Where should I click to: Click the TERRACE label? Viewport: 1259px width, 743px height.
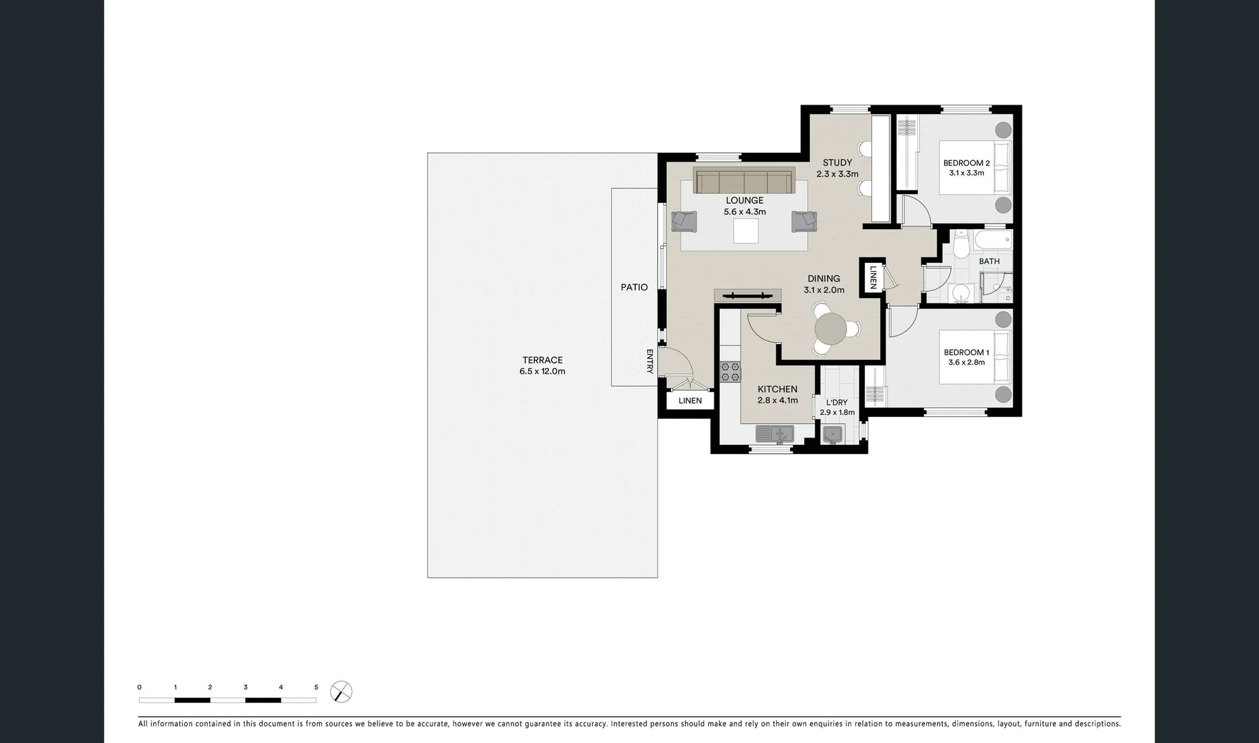tap(542, 360)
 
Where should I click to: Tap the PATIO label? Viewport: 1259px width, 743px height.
tap(634, 288)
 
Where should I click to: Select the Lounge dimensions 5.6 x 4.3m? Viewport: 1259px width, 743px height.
tap(745, 212)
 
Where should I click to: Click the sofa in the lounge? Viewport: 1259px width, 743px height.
tap(744, 182)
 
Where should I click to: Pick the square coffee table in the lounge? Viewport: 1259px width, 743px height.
tap(745, 231)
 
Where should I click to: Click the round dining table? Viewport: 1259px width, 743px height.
tap(831, 329)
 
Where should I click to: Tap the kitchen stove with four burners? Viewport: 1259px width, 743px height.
tap(730, 372)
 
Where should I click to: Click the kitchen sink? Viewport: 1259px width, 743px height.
tap(774, 434)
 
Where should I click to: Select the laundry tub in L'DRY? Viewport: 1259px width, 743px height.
tap(832, 434)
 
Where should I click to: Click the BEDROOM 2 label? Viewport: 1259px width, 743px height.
tap(966, 163)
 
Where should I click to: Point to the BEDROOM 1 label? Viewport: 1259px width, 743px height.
tap(966, 352)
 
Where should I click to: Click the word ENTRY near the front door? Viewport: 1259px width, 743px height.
tap(650, 361)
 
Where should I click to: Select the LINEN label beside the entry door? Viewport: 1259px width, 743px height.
tap(690, 400)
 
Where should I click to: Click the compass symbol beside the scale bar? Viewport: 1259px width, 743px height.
tap(341, 691)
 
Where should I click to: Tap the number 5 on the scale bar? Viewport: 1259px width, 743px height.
tap(316, 687)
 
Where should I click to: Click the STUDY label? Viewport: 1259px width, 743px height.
tap(837, 163)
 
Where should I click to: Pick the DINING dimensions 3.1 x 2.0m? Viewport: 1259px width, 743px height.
tap(824, 290)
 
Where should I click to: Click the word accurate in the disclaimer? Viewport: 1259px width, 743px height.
tap(430, 724)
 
